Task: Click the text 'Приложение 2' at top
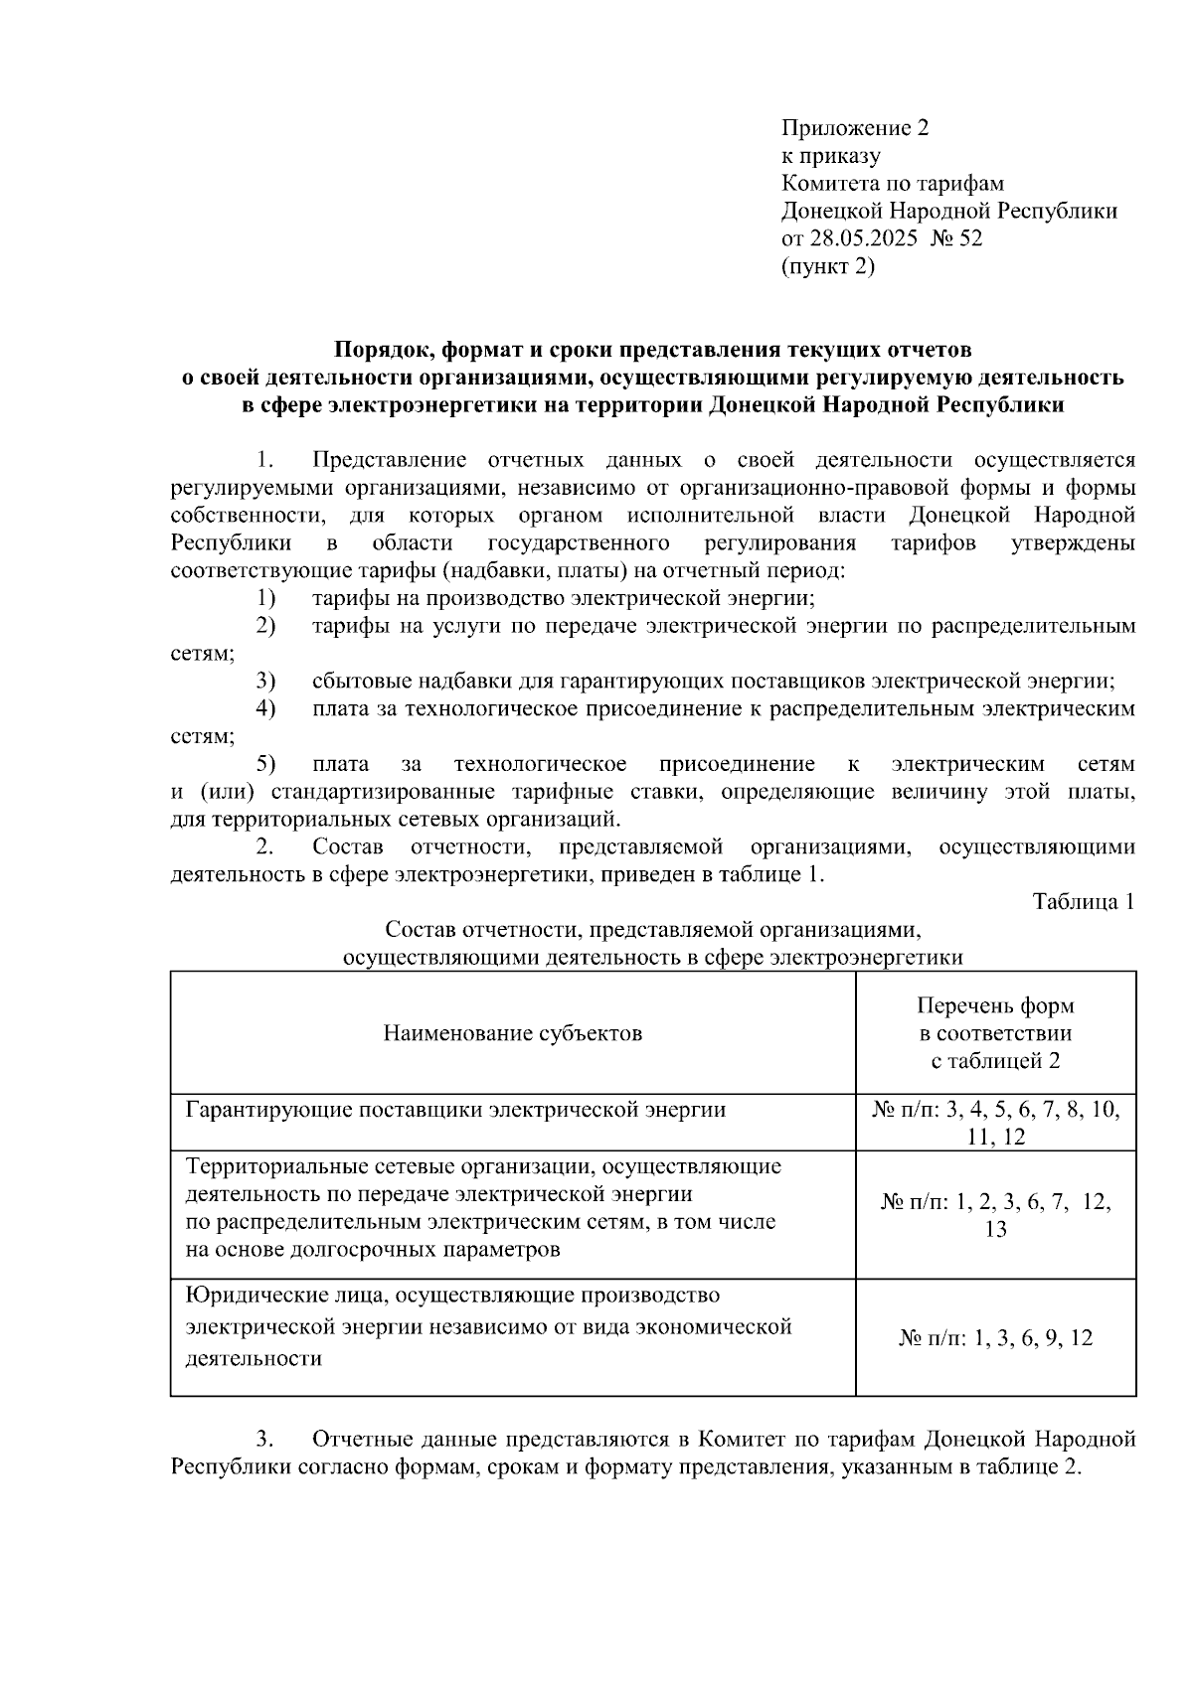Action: [x=854, y=128]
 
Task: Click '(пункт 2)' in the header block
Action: [x=828, y=266]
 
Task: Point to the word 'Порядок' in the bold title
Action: [x=382, y=350]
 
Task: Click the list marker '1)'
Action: [x=264, y=598]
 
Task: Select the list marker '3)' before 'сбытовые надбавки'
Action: [x=264, y=682]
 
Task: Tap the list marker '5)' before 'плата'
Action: [x=264, y=764]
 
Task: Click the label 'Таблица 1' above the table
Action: [x=1084, y=902]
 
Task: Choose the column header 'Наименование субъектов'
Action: [x=512, y=1033]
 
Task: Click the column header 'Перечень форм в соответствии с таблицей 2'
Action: [x=995, y=1033]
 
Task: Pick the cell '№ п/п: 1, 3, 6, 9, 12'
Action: [x=995, y=1338]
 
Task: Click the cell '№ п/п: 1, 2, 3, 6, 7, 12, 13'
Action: [x=995, y=1215]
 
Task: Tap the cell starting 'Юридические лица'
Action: [x=488, y=1326]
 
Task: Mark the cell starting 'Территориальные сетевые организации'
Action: [x=483, y=1207]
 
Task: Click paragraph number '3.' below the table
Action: [x=264, y=1440]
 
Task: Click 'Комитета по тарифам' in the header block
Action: [x=892, y=184]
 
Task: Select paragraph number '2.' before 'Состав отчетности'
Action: [x=264, y=847]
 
